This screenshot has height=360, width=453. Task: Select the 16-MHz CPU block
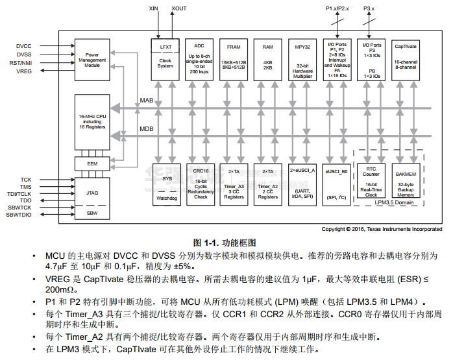click(x=92, y=121)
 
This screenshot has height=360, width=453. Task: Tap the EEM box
click(x=92, y=164)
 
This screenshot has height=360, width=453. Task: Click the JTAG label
click(x=92, y=193)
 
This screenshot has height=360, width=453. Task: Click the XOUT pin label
click(x=178, y=9)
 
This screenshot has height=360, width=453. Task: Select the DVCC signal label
click(x=24, y=47)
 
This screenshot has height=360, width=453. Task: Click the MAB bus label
click(x=147, y=101)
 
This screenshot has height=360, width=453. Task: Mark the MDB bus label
click(x=147, y=128)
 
